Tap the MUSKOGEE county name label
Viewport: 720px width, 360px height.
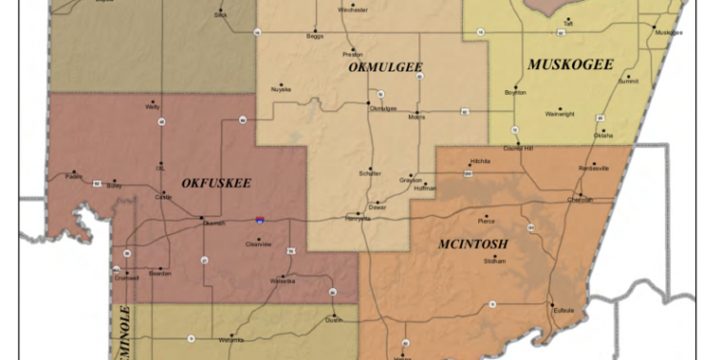pos(570,64)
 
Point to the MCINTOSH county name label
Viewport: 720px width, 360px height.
pos(472,244)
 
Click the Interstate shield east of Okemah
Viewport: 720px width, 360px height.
pos(259,220)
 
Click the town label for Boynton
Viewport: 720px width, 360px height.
pos(516,92)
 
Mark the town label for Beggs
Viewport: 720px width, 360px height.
pos(315,36)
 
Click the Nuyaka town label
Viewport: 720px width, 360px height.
pos(281,89)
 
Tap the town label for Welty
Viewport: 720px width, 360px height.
pos(153,107)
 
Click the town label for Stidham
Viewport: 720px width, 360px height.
pos(494,260)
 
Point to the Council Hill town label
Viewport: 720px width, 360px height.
pos(517,148)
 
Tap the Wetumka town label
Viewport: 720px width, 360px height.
pos(231,340)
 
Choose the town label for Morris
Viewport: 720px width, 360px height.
pos(417,117)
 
